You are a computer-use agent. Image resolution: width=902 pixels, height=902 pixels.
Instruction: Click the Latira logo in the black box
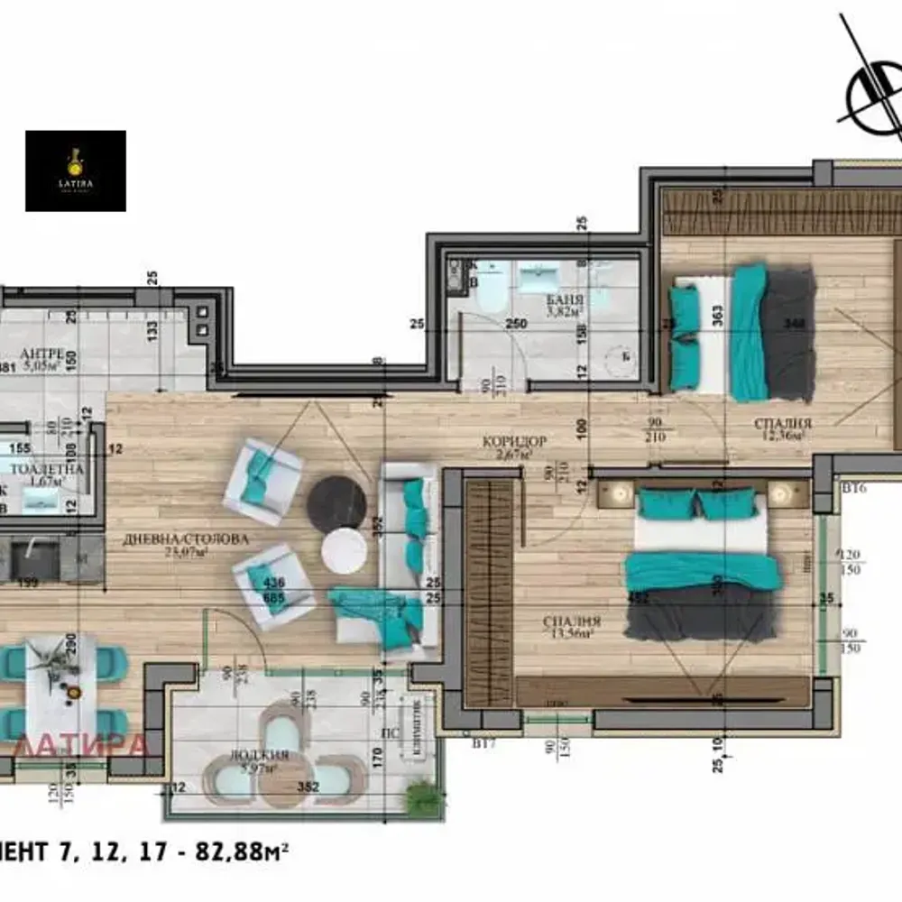click(76, 170)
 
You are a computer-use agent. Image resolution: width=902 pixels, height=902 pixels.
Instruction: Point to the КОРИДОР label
click(515, 441)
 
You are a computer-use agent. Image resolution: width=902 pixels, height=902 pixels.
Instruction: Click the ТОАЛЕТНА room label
click(47, 469)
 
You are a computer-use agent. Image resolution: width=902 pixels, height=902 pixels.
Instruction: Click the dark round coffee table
click(336, 502)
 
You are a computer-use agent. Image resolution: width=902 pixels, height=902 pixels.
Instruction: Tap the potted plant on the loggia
click(423, 797)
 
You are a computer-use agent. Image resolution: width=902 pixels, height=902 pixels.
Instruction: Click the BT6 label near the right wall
click(852, 488)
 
